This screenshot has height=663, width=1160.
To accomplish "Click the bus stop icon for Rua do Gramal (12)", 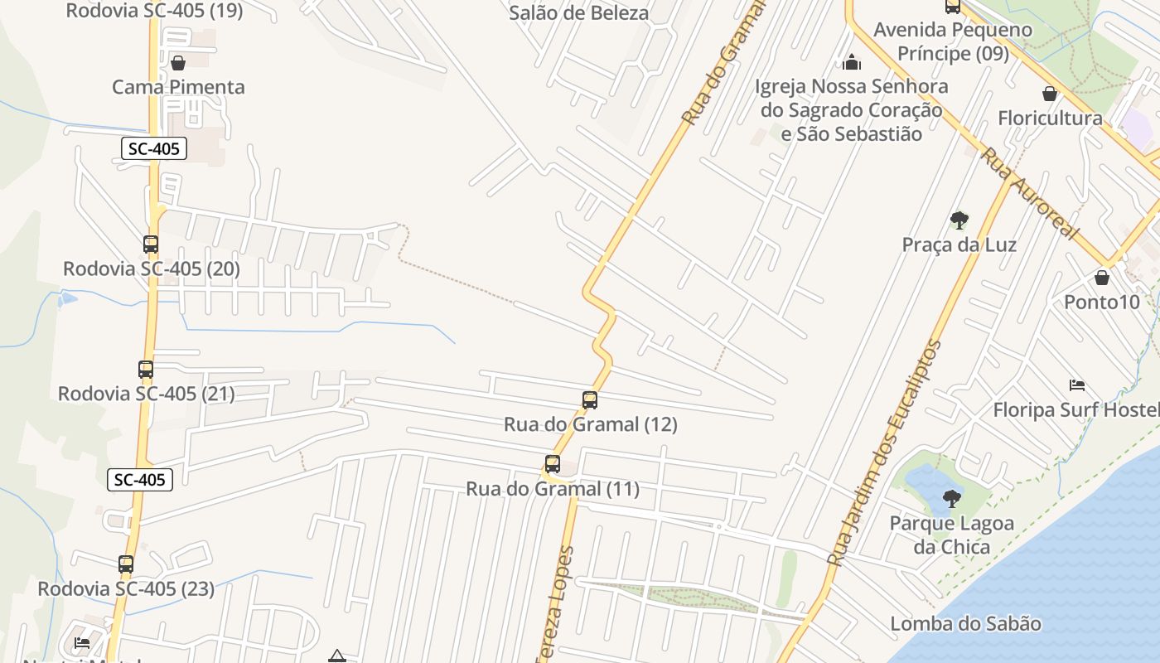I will point(590,400).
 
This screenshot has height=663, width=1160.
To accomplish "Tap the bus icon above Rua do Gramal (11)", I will point(553,464).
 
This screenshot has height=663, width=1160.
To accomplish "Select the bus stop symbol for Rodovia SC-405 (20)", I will point(151,244).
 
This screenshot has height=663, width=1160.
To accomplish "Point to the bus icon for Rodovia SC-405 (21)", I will point(146,370).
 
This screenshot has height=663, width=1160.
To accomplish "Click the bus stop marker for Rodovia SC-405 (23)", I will point(126,564).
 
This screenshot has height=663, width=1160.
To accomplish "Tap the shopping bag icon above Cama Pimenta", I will point(178,63).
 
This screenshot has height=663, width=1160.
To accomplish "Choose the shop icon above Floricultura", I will point(1050,94).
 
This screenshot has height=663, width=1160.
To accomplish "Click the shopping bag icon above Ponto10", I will point(1102,278).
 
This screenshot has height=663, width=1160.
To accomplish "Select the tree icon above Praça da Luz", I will point(959,220).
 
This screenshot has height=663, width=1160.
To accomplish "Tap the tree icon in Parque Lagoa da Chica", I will point(952,499).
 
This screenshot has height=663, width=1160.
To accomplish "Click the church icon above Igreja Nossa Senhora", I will point(852,62).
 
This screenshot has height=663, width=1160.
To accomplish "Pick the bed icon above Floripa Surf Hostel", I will point(1077,385).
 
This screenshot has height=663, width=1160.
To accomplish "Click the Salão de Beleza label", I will point(579,12).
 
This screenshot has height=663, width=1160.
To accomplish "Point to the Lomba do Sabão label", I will point(965,623).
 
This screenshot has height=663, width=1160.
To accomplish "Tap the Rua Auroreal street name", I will point(1030,193).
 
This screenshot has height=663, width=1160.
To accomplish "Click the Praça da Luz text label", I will point(959,244).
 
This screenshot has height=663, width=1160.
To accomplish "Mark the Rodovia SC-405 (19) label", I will point(154,11).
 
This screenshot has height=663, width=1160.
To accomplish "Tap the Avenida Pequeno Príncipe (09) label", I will point(953,41).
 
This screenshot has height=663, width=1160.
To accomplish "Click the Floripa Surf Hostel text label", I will point(1075,409).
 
